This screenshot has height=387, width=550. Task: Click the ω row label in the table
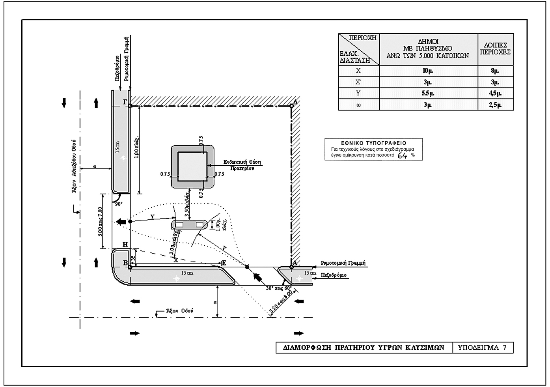pos(358,105)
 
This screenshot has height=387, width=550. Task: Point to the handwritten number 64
pos(403,155)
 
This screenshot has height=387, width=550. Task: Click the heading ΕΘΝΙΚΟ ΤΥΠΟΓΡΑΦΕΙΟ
pos(373,143)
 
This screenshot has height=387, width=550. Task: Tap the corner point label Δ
pos(296,101)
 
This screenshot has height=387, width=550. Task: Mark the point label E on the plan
pos(224,263)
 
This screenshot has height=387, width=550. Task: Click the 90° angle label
pos(118,204)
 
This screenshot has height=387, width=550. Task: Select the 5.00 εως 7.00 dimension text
pos(100,221)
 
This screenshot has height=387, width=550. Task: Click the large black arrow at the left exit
pos(121,222)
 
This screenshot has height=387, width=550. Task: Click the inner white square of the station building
pos(192,166)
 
